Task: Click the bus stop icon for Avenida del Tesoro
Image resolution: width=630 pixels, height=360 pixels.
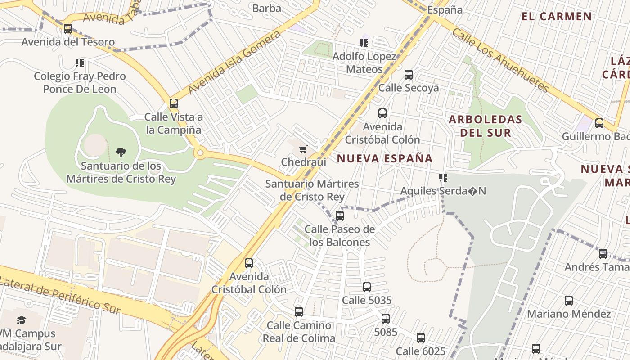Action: coord(68,29)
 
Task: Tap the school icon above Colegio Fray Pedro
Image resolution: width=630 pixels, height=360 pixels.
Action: coord(80,63)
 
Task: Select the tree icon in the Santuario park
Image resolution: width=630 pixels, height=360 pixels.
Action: coord(121,152)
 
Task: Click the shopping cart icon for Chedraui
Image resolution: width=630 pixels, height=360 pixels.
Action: coord(303,149)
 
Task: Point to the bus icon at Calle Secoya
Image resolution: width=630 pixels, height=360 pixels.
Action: coord(409,74)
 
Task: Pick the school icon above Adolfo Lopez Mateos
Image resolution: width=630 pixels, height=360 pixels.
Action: coord(364,43)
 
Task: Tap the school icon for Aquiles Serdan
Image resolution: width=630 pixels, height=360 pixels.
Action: coord(443,178)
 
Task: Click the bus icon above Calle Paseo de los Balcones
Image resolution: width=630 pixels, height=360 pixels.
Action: coord(340,216)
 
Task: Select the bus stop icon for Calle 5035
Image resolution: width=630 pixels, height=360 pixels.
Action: coord(367,287)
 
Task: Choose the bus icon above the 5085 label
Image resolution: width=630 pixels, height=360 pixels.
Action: coord(386,319)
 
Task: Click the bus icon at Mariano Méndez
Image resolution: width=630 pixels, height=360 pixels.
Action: coord(569,300)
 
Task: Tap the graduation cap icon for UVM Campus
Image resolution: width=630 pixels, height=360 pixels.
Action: coord(21,320)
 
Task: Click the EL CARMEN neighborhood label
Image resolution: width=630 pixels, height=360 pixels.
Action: coord(557,17)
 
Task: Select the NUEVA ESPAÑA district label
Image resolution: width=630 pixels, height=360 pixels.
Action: coord(385,158)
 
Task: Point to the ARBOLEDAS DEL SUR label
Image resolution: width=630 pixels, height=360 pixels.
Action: coord(486,126)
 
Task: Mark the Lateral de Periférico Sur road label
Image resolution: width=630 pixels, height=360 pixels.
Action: coord(61,295)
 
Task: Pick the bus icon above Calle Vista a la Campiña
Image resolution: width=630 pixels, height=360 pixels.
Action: coord(174,103)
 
